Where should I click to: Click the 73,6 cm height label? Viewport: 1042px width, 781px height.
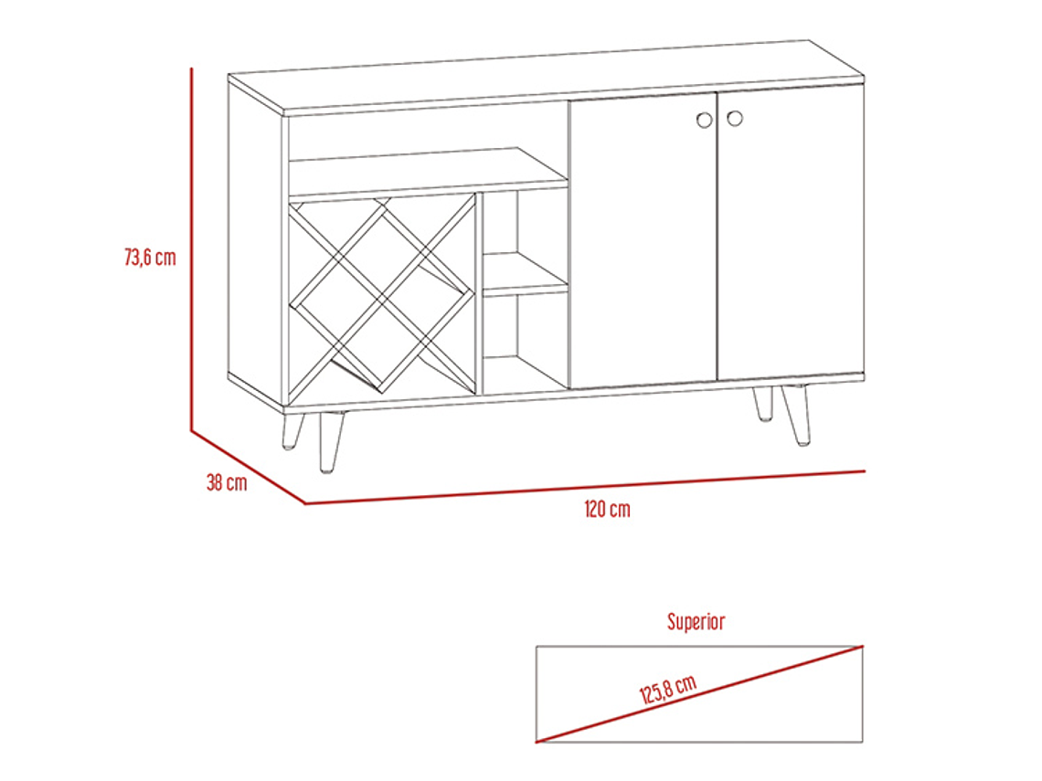[x=150, y=257]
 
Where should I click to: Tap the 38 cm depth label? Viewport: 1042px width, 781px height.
[x=227, y=482]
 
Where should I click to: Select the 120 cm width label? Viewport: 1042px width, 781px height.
[x=608, y=510]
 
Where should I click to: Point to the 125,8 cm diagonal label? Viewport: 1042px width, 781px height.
[x=668, y=689]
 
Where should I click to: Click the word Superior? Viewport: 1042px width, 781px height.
[x=696, y=622]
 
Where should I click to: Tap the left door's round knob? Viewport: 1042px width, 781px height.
[x=705, y=121]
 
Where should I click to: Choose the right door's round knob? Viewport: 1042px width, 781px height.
[x=734, y=118]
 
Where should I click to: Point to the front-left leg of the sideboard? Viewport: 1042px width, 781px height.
[x=332, y=442]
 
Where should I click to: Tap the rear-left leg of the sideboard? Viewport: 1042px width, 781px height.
[x=292, y=432]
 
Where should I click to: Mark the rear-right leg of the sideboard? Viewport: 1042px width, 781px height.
[x=763, y=404]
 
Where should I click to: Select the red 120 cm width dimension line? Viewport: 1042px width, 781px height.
[x=585, y=488]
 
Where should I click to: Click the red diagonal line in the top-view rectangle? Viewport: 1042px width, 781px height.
[x=699, y=694]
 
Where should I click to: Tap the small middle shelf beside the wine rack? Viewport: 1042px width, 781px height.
[x=525, y=273]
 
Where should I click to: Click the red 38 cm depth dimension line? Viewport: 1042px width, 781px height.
[x=248, y=467]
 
